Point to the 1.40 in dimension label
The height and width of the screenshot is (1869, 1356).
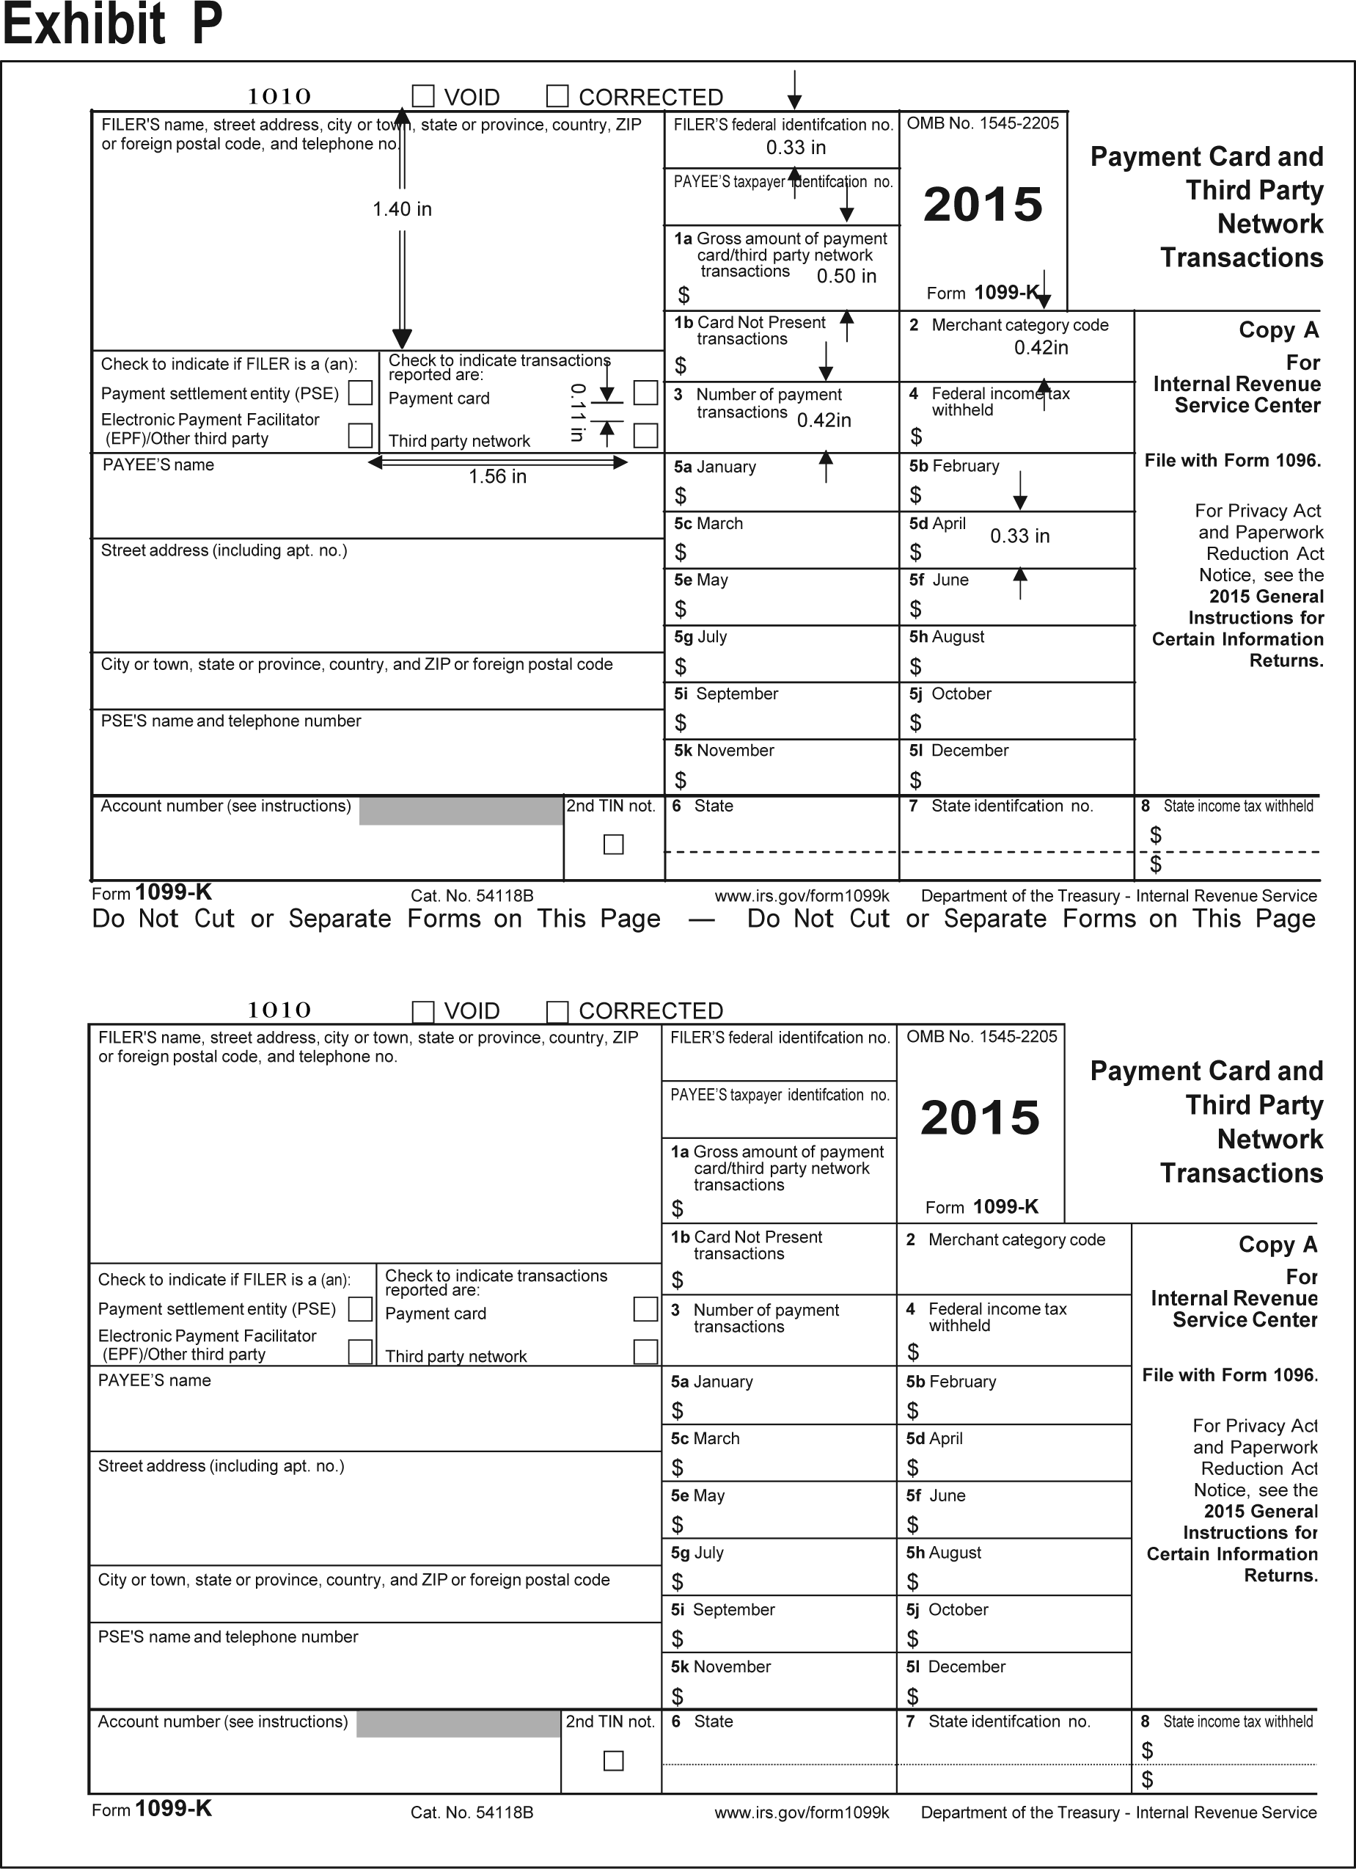402,209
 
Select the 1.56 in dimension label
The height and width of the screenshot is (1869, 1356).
497,477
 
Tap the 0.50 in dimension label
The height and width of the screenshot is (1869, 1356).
846,276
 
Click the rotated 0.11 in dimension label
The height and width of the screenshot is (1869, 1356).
577,412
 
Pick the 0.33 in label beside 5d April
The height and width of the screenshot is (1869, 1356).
1020,536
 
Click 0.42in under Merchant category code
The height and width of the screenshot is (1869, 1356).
1041,348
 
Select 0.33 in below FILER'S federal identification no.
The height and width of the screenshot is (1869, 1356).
796,147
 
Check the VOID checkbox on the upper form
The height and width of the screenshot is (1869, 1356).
423,96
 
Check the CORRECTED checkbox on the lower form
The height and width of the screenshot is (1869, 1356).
557,1011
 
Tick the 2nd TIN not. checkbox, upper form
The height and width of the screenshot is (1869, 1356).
614,845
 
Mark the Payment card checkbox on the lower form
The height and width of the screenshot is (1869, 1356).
645,1309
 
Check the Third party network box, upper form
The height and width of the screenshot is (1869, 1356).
646,435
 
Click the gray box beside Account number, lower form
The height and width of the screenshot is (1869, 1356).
459,1724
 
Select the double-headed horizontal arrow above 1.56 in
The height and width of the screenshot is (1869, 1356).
497,462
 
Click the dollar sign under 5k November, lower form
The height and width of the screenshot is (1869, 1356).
677,1696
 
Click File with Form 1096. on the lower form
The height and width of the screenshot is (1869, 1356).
1230,1375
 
